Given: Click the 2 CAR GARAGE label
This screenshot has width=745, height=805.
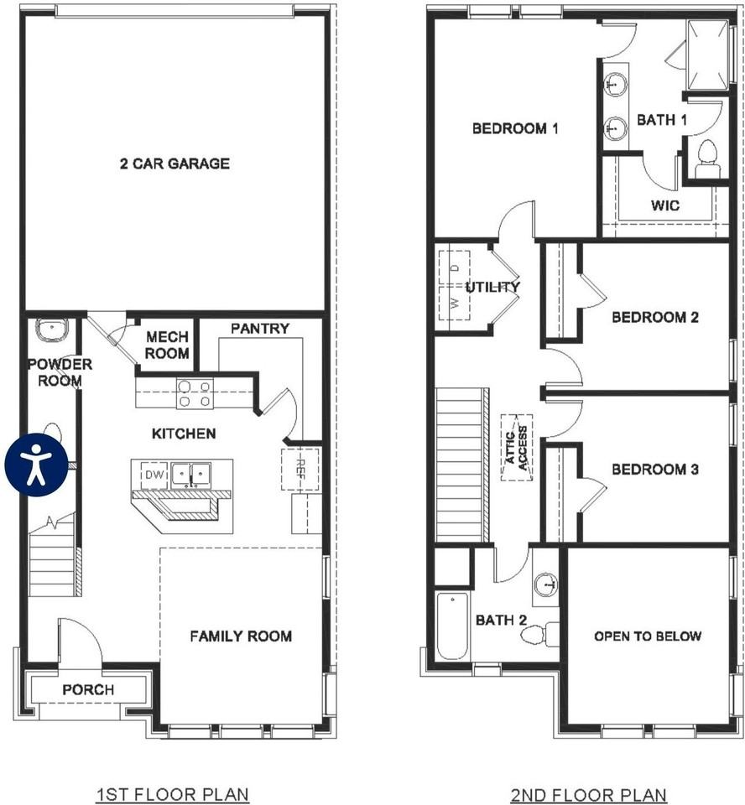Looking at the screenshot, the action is point(175,164).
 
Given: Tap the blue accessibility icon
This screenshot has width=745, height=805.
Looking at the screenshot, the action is point(36,465).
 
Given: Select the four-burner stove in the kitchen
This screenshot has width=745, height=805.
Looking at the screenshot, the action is point(195,394).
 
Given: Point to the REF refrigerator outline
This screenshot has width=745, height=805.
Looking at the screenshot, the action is point(300,470).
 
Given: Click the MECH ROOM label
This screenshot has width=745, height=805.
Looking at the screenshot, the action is point(167,345).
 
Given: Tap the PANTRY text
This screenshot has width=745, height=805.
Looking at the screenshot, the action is point(260,329).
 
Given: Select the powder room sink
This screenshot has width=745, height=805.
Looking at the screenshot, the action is point(53,329).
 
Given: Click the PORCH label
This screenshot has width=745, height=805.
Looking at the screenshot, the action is point(88,689).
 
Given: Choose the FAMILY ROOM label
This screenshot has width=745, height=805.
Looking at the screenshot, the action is point(241,636).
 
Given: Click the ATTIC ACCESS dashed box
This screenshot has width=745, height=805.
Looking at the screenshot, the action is point(517,448).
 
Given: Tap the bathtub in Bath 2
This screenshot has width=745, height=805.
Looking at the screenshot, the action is point(453,626).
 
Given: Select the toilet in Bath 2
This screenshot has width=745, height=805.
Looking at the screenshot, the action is point(539,634).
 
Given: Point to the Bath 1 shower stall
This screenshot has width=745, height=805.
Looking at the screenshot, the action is point(708,55).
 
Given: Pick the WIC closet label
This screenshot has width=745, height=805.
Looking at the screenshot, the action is point(665,206).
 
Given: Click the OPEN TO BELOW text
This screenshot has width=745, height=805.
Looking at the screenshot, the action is point(648,636).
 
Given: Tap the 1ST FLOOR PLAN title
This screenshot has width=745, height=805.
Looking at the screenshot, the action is point(173,795).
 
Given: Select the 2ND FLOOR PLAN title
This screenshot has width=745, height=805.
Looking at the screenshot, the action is point(589,795).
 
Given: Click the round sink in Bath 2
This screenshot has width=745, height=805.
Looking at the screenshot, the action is point(546,584).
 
